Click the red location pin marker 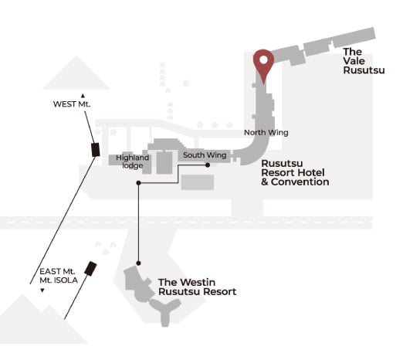263,62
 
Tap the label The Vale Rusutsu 364,61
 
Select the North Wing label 266,132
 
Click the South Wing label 205,155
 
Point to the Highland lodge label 132,161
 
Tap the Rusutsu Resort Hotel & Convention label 295,172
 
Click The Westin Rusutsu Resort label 197,287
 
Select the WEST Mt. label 72,104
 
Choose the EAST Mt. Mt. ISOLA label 59,276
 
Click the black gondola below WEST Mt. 96,150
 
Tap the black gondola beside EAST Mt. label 90,269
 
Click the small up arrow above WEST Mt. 83,96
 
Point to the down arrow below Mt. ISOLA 42,290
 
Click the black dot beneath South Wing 208,165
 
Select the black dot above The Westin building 138,263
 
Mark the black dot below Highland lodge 138,183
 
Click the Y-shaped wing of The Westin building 165,312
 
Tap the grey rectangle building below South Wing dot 198,182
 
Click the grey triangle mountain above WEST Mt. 76,73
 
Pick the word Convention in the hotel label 300,182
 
